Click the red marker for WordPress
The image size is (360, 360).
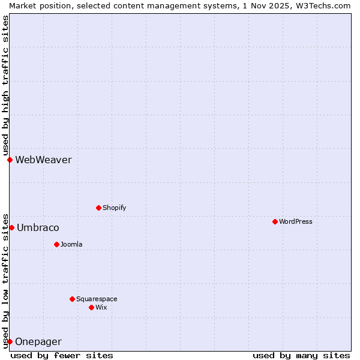click(x=275, y=221)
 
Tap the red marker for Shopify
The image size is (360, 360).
click(x=98, y=208)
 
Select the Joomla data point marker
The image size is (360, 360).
click(x=56, y=244)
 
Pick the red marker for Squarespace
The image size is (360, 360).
click(x=72, y=299)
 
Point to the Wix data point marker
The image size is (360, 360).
click(x=91, y=307)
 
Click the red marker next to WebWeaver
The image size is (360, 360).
click(x=10, y=160)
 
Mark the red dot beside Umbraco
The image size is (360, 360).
click(x=11, y=227)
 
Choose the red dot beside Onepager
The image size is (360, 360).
click(x=10, y=341)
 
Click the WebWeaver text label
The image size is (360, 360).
click(x=43, y=160)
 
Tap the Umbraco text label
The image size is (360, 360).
click(x=38, y=227)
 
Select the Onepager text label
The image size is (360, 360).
click(x=38, y=341)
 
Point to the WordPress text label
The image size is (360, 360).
click(x=296, y=221)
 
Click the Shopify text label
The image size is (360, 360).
click(x=115, y=208)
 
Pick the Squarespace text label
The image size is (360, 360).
click(x=97, y=299)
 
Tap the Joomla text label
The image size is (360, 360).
click(x=71, y=244)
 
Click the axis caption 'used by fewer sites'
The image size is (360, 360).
click(x=62, y=355)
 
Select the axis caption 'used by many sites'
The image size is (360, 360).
click(x=301, y=355)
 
